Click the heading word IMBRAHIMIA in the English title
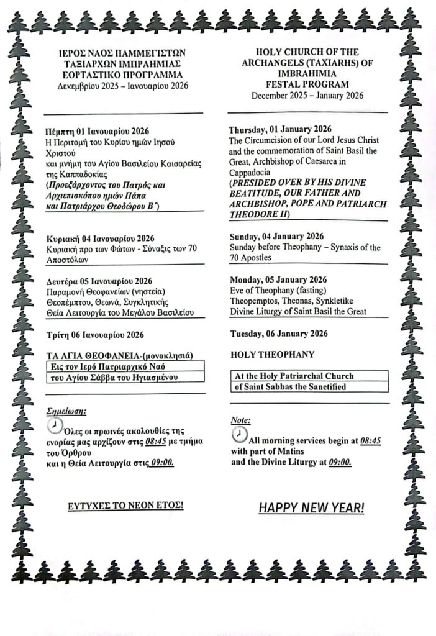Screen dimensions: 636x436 click(307, 74)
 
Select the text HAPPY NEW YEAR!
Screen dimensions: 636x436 click(311, 508)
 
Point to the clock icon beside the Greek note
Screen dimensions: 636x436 click(55, 424)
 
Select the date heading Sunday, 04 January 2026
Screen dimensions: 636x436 click(276, 236)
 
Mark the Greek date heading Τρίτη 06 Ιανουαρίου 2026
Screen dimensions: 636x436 click(95, 335)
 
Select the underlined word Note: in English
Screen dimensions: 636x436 click(240, 420)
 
